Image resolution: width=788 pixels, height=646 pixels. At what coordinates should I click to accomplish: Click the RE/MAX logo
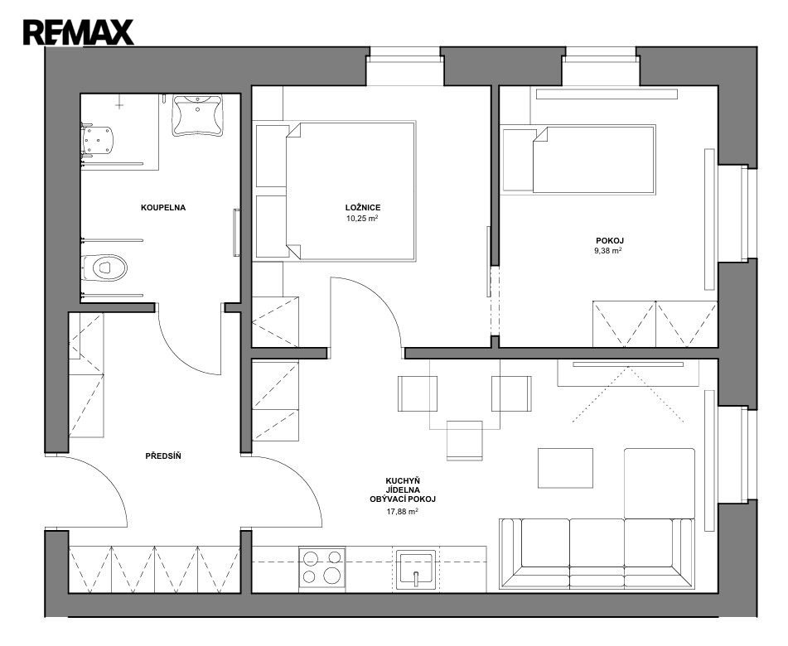[79, 32]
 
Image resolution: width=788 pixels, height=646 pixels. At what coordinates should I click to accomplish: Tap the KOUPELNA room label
[163, 207]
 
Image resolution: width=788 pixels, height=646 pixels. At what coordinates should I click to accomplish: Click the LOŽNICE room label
[363, 207]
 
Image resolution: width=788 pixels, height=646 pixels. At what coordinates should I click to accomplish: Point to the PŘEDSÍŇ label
[163, 456]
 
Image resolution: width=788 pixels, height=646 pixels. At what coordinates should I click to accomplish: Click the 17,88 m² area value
[403, 512]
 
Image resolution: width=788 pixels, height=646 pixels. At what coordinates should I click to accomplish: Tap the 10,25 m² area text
[362, 219]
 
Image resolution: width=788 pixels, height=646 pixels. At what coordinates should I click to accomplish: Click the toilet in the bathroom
[104, 268]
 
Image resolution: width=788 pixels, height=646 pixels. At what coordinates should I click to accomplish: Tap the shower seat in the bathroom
[98, 140]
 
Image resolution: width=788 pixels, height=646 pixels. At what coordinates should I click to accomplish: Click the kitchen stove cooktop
[322, 566]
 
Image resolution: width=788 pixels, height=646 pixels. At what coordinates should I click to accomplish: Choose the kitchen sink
[416, 570]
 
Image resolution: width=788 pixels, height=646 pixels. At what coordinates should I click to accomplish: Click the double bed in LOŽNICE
[350, 190]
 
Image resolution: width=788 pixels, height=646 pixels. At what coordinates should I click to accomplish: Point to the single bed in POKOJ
[594, 159]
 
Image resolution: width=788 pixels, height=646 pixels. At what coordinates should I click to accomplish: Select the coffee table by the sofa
[565, 468]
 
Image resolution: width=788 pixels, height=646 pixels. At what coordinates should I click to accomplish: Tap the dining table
[465, 394]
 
